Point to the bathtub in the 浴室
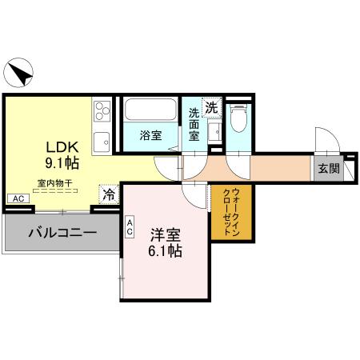coord(150,110)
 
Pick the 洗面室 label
coord(194,125)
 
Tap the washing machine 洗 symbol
coord(211,106)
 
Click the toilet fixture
coord(237,118)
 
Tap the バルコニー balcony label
coord(62,234)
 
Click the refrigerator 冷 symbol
coord(108,194)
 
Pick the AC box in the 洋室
coord(129,226)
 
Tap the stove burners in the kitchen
coord(102,111)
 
